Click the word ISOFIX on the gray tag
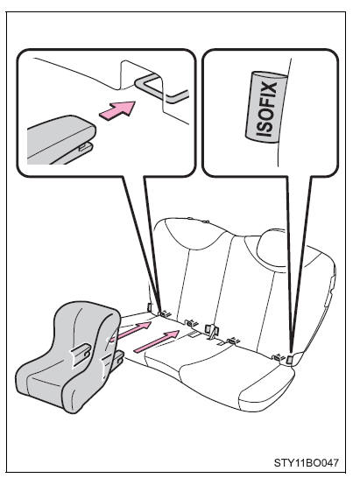(266, 109)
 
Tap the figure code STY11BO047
(306, 462)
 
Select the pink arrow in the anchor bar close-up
(117, 110)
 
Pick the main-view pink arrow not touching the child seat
(157, 341)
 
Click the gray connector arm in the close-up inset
(61, 139)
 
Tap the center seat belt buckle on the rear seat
(211, 330)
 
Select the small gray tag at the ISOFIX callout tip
(289, 360)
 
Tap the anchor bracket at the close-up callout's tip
(166, 313)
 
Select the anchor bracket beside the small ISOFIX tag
(279, 356)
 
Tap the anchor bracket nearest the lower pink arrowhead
(192, 322)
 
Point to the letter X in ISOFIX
(268, 89)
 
